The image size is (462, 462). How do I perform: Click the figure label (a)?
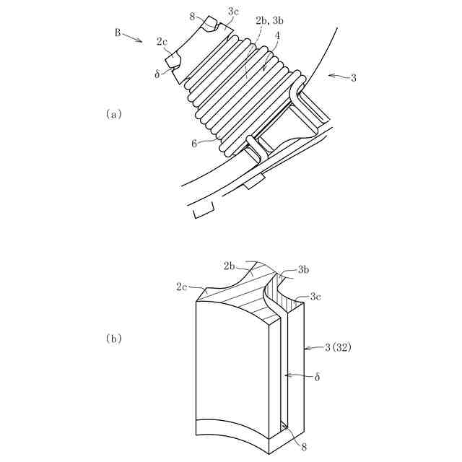pos(113,113)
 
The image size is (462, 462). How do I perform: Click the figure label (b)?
pos(113,338)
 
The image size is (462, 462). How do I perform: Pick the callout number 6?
pos(194,143)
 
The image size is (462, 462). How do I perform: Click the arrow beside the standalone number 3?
pos(336,76)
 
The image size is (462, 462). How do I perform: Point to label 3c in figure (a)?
pos(234,12)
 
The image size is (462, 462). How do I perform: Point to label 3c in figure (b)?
pos(315,296)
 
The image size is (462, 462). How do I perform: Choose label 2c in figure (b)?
pos(183,287)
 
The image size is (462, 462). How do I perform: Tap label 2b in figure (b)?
pos(230,266)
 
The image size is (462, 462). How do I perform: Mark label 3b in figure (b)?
pos(303,270)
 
